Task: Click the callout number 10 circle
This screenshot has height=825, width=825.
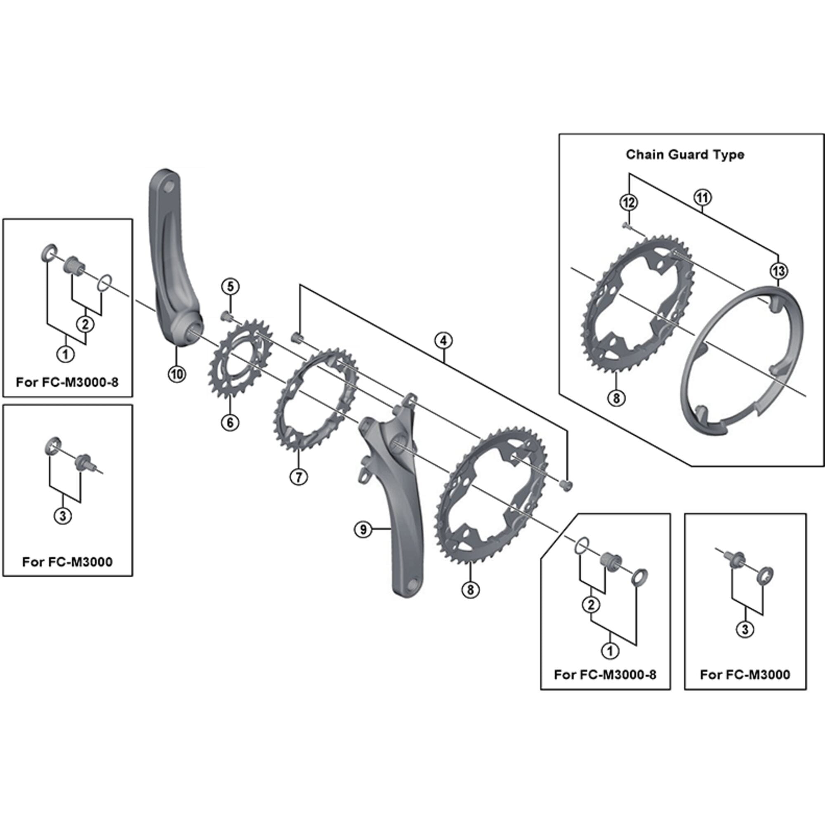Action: pos(177,374)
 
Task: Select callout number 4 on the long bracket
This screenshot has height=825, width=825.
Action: pos(444,340)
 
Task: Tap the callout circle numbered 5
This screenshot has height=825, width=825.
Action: pos(230,287)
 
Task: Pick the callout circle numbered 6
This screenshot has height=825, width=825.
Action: pos(230,422)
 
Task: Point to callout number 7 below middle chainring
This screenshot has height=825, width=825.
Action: pos(299,476)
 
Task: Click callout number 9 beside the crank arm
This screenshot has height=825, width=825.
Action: pos(363,530)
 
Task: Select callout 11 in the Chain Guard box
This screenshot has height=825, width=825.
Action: pos(702,198)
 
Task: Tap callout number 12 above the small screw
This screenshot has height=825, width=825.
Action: pos(629,203)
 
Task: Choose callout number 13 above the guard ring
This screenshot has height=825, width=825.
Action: pos(778,271)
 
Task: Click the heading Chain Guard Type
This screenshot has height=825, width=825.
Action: pos(684,155)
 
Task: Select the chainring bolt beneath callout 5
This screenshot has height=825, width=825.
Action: pos(226,316)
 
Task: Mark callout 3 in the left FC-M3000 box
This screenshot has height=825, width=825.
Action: pos(63,516)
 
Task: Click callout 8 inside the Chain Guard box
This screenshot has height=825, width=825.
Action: pos(616,398)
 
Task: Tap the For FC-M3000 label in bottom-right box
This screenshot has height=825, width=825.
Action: pos(745,675)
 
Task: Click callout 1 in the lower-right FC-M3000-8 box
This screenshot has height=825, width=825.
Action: pos(610,651)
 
